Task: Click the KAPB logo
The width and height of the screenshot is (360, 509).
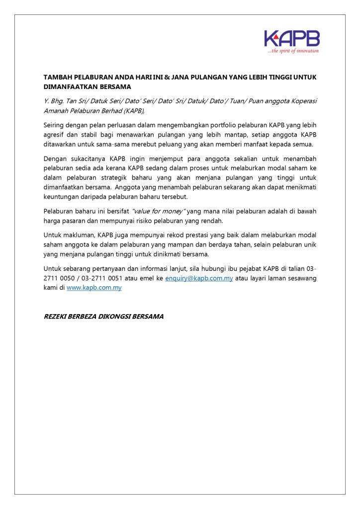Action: click(x=292, y=38)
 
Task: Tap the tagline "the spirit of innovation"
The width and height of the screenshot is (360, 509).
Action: click(x=293, y=51)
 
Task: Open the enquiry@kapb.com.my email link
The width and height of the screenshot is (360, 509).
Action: click(x=199, y=278)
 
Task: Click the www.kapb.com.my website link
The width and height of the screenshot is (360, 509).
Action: click(x=94, y=287)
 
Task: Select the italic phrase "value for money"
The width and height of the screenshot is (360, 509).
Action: click(x=159, y=211)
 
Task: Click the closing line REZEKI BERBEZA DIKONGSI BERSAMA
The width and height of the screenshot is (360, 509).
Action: click(x=103, y=316)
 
